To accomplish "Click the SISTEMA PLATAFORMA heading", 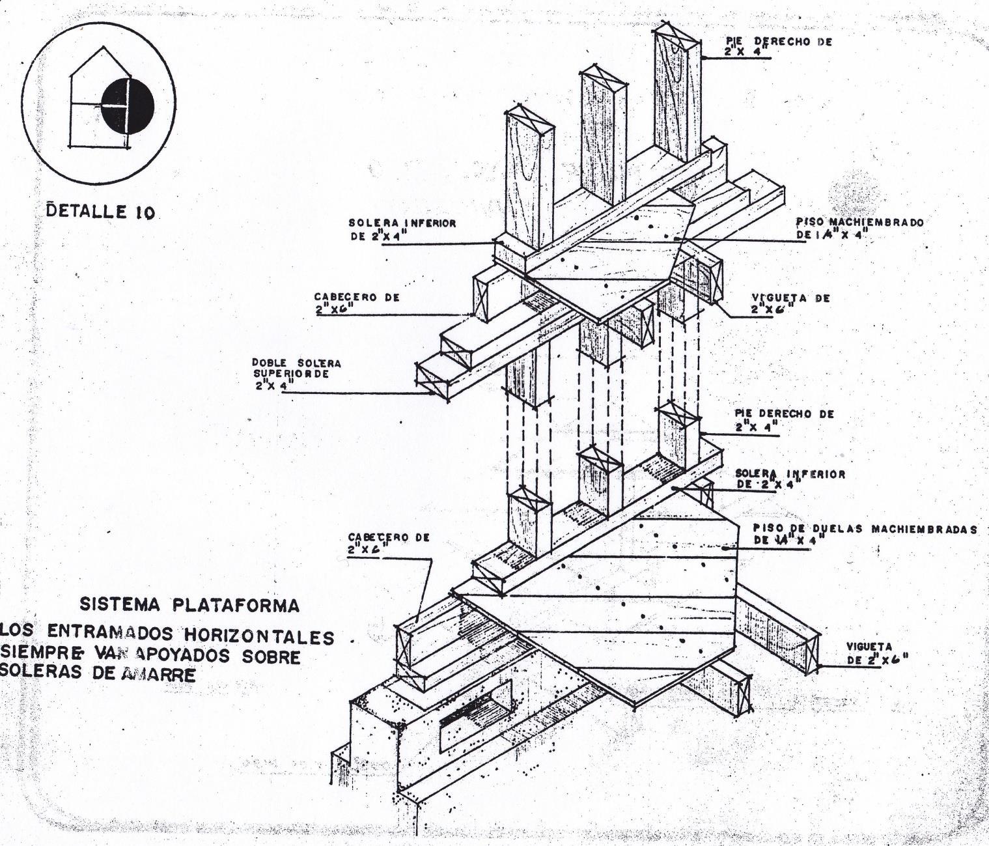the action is (x=189, y=605).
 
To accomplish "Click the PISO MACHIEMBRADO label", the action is (x=859, y=229).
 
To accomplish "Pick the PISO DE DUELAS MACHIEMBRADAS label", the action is (x=865, y=534).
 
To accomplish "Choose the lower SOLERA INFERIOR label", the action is (x=790, y=479).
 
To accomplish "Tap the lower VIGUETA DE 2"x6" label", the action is (x=876, y=652).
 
